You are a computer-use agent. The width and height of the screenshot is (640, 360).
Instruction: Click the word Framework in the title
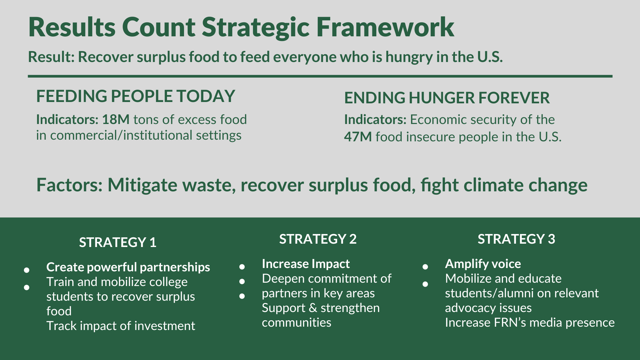pyautogui.click(x=385, y=27)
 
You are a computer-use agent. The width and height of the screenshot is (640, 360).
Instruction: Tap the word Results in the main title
pyautogui.click(x=72, y=27)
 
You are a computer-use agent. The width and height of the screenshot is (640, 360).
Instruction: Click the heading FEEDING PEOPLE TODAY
pyautogui.click(x=136, y=96)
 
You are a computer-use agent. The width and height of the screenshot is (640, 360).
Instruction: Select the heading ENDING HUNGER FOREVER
pyautogui.click(x=447, y=98)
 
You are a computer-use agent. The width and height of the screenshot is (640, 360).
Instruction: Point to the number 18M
pyautogui.click(x=116, y=120)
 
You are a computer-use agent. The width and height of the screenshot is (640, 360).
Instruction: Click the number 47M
pyautogui.click(x=358, y=137)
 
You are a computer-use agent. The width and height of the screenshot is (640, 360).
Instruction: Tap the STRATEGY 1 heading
pyautogui.click(x=118, y=242)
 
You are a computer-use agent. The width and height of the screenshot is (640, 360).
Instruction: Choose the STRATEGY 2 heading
pyautogui.click(x=318, y=239)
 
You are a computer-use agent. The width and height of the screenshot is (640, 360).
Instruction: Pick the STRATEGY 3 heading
pyautogui.click(x=516, y=239)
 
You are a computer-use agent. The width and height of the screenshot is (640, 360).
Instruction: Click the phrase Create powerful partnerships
pyautogui.click(x=128, y=267)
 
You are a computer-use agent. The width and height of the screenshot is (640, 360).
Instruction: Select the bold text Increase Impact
pyautogui.click(x=306, y=264)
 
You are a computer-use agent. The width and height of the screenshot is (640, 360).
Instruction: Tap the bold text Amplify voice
pyautogui.click(x=483, y=264)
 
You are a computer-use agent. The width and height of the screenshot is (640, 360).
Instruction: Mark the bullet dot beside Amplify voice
pyautogui.click(x=425, y=267)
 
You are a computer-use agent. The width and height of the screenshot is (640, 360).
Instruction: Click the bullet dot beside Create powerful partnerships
pyautogui.click(x=27, y=270)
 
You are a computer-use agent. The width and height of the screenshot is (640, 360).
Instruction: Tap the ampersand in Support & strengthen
pyautogui.click(x=313, y=308)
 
